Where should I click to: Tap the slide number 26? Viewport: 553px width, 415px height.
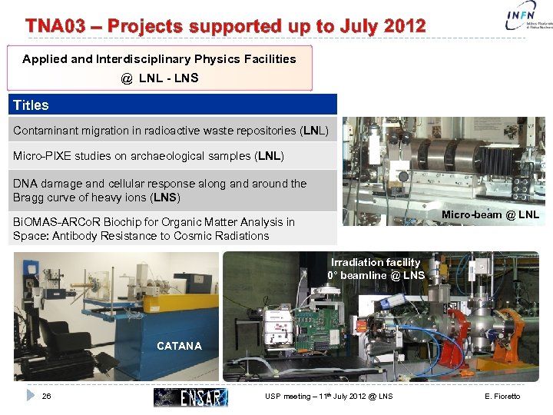[x=47, y=397]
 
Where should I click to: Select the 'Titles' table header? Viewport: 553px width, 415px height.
[x=31, y=105]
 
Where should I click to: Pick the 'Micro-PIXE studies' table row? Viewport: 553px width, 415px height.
[x=148, y=156]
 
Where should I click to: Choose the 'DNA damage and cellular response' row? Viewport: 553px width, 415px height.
[x=160, y=191]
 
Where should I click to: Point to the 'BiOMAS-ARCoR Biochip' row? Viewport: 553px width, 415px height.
[x=154, y=229]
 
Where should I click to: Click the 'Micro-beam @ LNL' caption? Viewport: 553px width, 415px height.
[x=490, y=214]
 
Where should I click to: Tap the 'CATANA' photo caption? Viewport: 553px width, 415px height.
[x=179, y=346]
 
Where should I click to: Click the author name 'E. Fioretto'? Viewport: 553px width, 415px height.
[x=502, y=397]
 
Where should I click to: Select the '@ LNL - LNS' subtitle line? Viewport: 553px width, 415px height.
[x=159, y=78]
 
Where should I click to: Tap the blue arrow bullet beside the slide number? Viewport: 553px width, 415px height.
[x=30, y=396]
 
